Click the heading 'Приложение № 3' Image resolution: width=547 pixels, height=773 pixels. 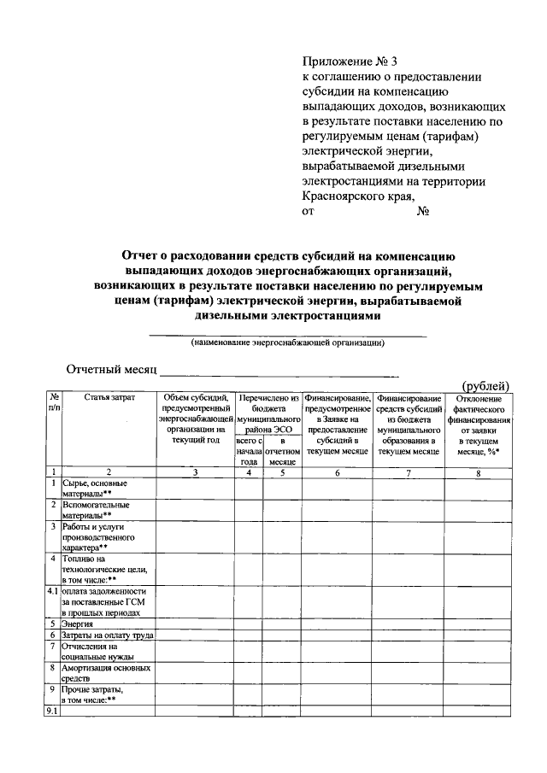click(350, 61)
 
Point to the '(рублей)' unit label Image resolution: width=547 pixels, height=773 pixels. click(485, 385)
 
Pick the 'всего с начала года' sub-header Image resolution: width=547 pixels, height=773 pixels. click(248, 450)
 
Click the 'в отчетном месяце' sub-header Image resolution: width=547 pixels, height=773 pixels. click(281, 450)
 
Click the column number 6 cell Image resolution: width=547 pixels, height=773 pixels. click(337, 471)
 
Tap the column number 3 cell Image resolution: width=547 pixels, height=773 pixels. click(195, 471)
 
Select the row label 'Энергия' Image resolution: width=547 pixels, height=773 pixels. click(78, 624)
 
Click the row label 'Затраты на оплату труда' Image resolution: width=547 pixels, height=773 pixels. click(107, 635)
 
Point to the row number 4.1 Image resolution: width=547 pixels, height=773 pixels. click(52, 591)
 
